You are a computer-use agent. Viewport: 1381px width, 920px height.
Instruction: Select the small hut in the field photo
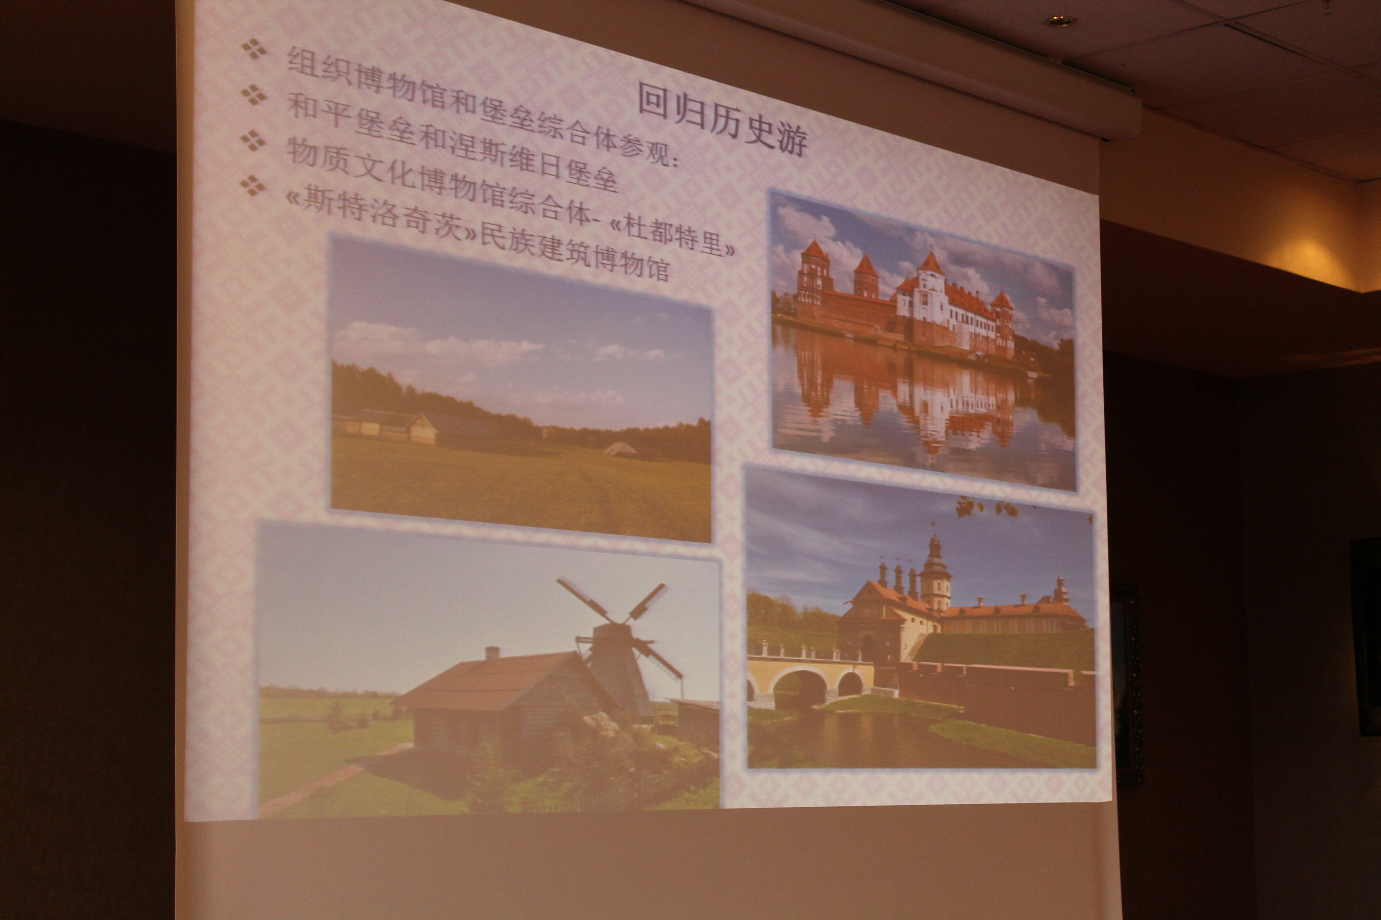[616, 449]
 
